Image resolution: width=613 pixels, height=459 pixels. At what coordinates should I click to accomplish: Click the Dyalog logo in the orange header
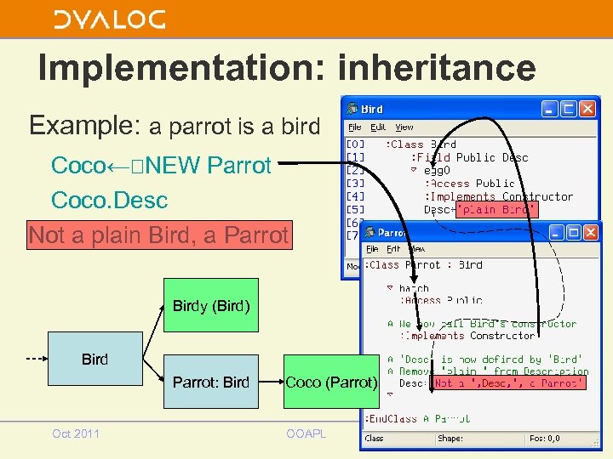tap(109, 19)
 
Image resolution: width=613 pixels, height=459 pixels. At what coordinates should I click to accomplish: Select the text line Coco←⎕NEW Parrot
tap(161, 165)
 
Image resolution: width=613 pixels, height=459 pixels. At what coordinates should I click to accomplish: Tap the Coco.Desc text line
tap(109, 201)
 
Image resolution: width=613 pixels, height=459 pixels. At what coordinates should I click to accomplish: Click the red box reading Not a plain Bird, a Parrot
tap(159, 235)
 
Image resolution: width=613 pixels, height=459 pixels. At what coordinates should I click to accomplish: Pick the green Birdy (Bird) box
tap(210, 305)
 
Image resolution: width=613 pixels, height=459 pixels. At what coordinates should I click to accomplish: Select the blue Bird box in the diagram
tap(95, 360)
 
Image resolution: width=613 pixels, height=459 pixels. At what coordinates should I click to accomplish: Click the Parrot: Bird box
tap(210, 382)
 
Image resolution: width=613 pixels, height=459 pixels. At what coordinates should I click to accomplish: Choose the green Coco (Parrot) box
tap(330, 382)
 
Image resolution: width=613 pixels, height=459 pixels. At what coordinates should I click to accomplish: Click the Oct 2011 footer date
tap(76, 433)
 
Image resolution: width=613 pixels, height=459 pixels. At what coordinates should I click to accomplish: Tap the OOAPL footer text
tap(306, 433)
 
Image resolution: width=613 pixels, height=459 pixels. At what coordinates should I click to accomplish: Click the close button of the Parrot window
tap(593, 232)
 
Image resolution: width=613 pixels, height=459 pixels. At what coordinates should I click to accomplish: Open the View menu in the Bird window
tap(404, 127)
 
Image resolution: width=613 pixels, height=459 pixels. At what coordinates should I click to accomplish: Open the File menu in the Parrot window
tap(372, 249)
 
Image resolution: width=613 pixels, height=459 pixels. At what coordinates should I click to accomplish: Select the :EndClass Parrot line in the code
tap(416, 418)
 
